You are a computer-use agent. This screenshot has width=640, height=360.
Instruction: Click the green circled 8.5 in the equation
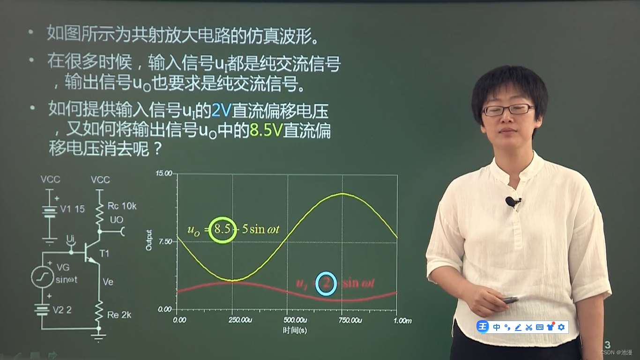pos(221,230)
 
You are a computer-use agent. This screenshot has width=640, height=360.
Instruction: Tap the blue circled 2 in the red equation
pos(326,284)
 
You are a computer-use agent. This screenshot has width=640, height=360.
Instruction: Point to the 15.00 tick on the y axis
pos(165,174)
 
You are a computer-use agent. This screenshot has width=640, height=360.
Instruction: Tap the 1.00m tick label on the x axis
pos(403,320)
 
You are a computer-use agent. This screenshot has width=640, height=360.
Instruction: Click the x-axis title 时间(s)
pos(295,330)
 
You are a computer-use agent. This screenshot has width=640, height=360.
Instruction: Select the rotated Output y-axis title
pos(149,240)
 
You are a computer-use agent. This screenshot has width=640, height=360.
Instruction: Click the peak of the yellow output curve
pos(342,193)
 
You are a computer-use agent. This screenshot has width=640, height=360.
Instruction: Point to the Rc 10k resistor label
pos(122,206)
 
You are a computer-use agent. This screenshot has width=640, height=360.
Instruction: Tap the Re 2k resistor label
pos(119,315)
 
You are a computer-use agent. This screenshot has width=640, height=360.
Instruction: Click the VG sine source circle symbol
pos(42,276)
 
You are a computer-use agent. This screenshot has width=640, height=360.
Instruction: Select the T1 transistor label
pos(104,254)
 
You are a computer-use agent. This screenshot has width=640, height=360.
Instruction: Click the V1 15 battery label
pos(73,209)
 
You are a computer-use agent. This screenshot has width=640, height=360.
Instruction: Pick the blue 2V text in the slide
pos(221,111)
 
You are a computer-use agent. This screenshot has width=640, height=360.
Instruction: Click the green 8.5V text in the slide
pos(266,131)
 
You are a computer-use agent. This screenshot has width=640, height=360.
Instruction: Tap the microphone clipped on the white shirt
pos(512,202)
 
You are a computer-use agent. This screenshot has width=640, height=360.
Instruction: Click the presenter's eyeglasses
pos(508,110)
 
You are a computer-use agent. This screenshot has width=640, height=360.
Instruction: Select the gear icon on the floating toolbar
pos(561,327)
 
